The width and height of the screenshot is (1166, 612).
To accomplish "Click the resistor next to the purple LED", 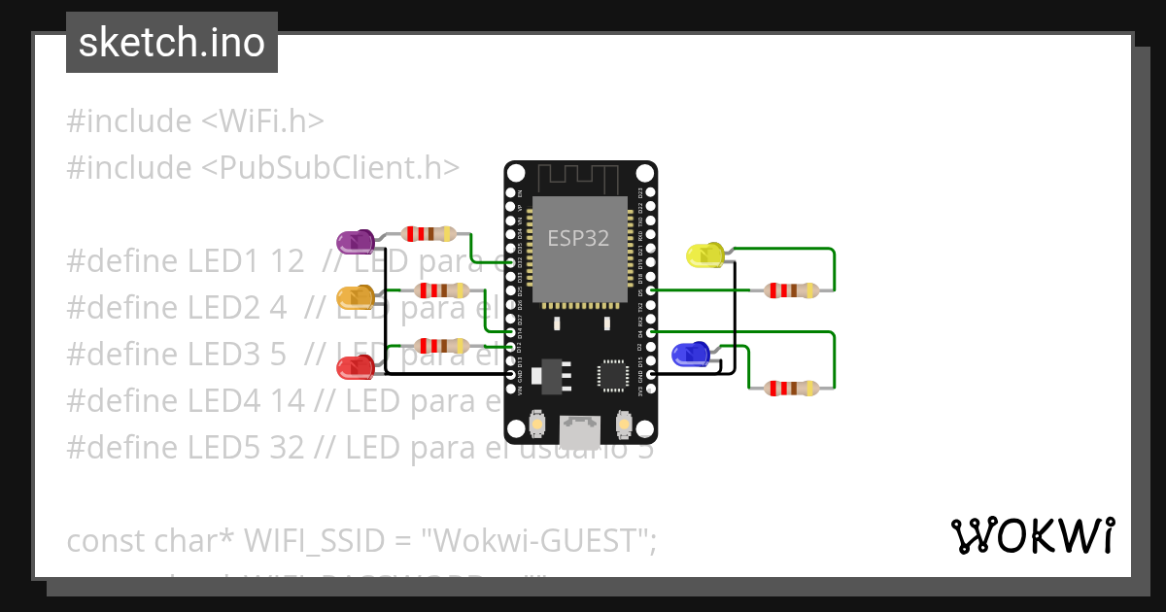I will [x=429, y=233].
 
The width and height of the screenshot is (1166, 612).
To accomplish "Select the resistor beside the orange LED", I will [x=441, y=290].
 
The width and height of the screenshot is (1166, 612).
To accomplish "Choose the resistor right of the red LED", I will [x=441, y=346].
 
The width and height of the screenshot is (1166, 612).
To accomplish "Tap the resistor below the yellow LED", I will [x=792, y=289].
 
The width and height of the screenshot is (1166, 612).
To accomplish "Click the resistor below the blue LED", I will [x=792, y=389].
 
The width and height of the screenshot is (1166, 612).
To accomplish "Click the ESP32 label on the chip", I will [x=578, y=238].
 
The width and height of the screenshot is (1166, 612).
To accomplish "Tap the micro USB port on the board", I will [x=580, y=426].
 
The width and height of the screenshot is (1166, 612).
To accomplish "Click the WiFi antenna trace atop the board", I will [x=579, y=177].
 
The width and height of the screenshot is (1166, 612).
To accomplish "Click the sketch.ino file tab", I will [x=172, y=43].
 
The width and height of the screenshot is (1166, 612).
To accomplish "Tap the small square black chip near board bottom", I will [x=613, y=374].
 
